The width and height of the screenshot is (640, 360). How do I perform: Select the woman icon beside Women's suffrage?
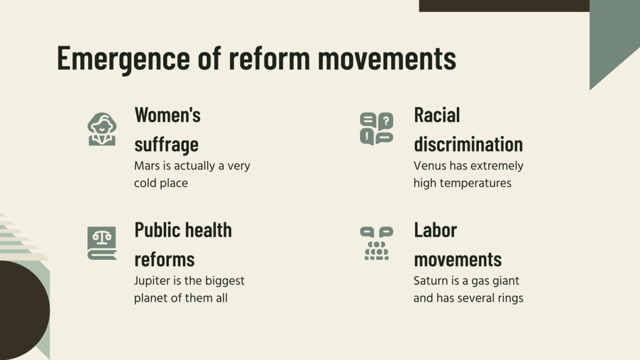101,129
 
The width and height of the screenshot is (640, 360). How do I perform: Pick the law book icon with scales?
101,243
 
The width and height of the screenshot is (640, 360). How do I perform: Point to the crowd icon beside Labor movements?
376,243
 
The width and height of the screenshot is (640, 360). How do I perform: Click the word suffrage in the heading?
166,144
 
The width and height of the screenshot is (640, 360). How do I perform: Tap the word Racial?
437,115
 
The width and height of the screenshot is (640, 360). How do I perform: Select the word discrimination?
468,144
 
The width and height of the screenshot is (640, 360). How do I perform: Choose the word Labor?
435,230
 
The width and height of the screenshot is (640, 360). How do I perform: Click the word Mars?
146,166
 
